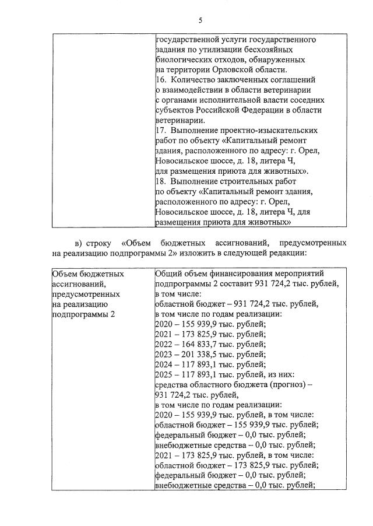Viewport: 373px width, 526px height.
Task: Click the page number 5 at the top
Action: [x=200, y=20]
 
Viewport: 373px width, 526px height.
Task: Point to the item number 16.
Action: [x=161, y=79]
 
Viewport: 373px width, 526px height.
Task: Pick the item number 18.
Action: [x=161, y=181]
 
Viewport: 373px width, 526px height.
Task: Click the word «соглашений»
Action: [x=294, y=79]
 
